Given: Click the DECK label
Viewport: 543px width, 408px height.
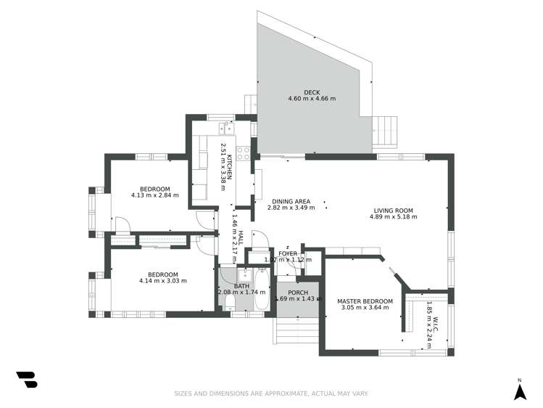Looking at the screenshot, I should point(312,92).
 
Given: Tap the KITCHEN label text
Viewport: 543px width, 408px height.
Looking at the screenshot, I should point(229,167).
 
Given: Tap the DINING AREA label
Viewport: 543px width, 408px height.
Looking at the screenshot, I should point(291,202).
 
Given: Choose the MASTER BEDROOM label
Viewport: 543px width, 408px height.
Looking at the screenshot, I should point(365,301).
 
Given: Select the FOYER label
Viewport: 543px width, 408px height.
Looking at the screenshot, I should point(288,253).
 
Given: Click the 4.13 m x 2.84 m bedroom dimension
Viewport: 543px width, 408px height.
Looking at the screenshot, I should point(155,195).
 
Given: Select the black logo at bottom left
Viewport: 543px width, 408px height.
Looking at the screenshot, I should point(27,380).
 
